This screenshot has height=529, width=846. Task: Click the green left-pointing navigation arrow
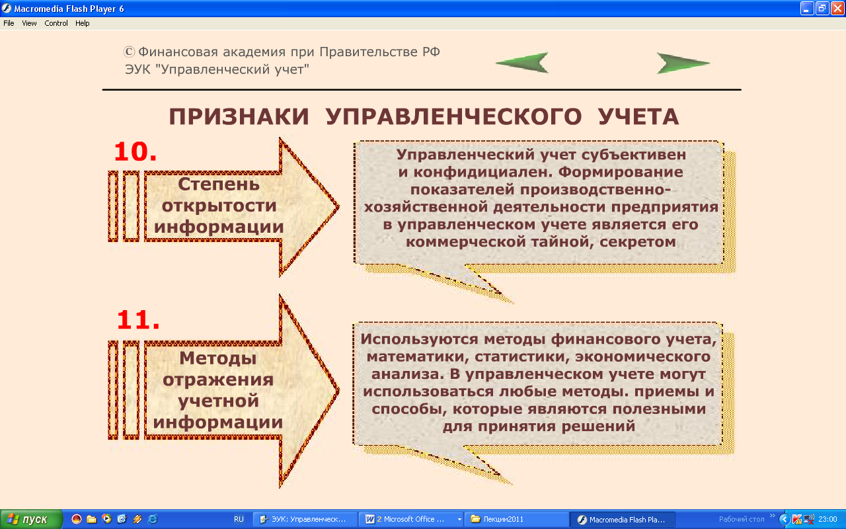pyautogui.click(x=523, y=63)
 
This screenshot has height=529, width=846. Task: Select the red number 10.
pyautogui.click(x=135, y=152)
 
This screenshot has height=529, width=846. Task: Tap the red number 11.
pyautogui.click(x=138, y=320)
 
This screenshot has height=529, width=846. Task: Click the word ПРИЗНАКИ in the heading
pyautogui.click(x=239, y=116)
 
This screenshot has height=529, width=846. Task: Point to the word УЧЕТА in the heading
pyautogui.click(x=638, y=116)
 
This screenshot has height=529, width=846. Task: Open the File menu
pyautogui.click(x=9, y=23)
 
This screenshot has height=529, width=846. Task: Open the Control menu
pyautogui.click(x=56, y=23)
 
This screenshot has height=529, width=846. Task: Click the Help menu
pyautogui.click(x=83, y=23)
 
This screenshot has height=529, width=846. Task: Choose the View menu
pyautogui.click(x=29, y=23)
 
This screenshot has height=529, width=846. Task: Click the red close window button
pyautogui.click(x=837, y=9)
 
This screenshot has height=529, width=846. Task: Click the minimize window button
pyautogui.click(x=806, y=9)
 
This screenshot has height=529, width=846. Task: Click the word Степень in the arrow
pyautogui.click(x=219, y=184)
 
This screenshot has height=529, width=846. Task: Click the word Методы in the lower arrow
pyautogui.click(x=218, y=358)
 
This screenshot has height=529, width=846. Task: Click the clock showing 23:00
pyautogui.click(x=827, y=520)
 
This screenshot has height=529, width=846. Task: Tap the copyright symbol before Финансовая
pyautogui.click(x=129, y=52)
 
